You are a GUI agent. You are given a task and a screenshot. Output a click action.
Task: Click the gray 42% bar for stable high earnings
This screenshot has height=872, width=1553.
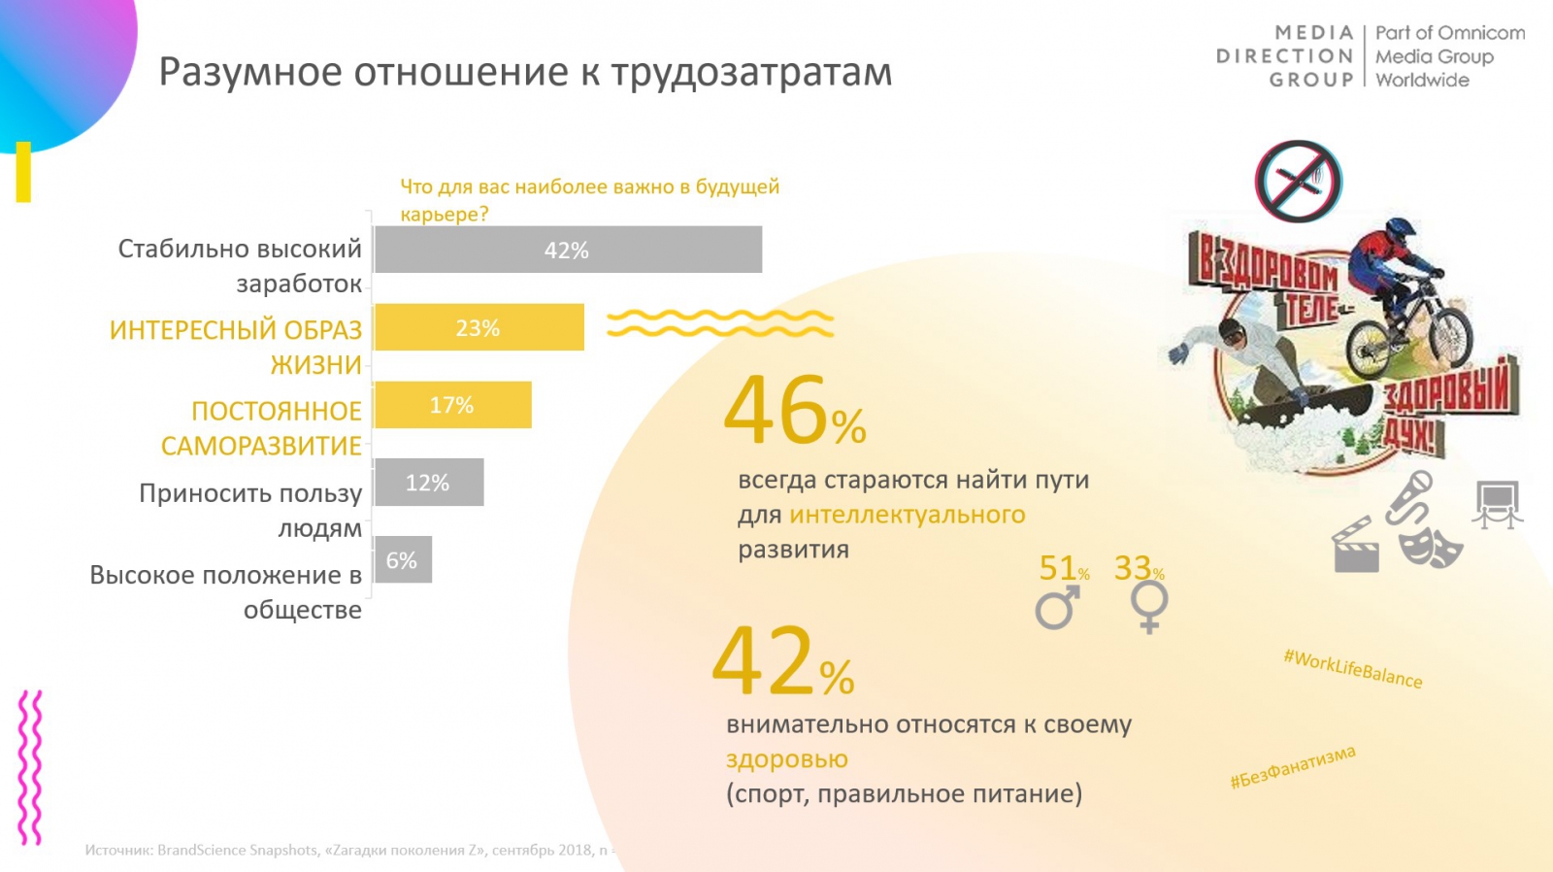click(568, 250)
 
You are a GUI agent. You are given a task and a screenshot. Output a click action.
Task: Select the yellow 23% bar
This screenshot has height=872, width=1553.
click(479, 327)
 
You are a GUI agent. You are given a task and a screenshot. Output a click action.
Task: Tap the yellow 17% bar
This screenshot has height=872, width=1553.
click(452, 405)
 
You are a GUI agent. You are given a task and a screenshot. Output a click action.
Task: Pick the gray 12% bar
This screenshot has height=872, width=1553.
click(428, 483)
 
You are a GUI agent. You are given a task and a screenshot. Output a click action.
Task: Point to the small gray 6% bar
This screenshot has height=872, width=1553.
click(402, 560)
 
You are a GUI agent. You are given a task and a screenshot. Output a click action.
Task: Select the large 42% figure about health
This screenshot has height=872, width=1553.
click(782, 662)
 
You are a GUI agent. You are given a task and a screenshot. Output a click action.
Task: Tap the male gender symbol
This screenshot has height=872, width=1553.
click(1057, 608)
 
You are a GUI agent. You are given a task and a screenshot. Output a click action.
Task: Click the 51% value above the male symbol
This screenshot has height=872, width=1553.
click(1063, 568)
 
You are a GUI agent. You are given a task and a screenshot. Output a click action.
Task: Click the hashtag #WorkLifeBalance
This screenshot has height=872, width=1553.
click(1353, 669)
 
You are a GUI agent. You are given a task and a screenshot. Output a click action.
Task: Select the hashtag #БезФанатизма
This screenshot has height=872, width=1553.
click(1292, 767)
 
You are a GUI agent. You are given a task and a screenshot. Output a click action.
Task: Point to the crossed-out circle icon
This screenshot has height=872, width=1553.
click(1298, 182)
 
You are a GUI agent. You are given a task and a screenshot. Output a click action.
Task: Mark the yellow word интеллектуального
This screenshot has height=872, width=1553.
click(907, 515)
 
